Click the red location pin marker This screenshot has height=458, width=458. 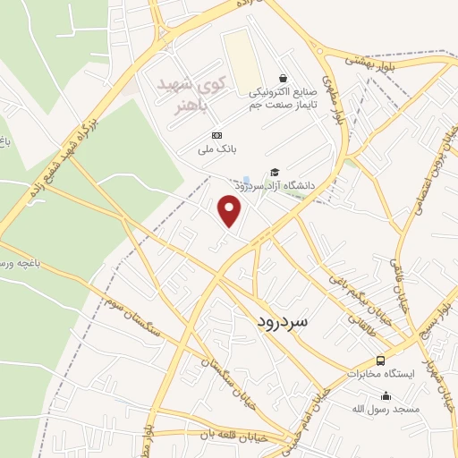[x=231, y=210]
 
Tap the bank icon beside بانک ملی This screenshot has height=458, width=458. [x=205, y=134]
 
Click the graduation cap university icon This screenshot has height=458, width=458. [x=275, y=172]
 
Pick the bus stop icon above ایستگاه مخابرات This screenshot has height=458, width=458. [x=381, y=360]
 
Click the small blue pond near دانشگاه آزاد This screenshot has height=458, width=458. [x=246, y=181]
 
